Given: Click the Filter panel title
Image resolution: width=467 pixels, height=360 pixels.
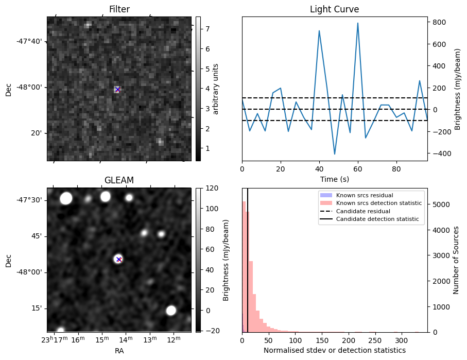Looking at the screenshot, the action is pos(119,9).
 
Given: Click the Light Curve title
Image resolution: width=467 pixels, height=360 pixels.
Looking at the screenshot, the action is pos(335,9).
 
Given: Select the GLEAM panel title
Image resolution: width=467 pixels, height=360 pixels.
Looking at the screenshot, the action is pos(119,180).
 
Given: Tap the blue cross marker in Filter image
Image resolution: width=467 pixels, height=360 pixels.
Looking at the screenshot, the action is pos(117,90).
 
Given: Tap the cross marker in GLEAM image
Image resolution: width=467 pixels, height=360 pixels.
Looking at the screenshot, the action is pos(119,259).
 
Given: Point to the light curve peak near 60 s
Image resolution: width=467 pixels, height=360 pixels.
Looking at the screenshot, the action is pos(358,23).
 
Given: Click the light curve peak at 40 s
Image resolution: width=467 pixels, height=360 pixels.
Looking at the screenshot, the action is pos(319,31).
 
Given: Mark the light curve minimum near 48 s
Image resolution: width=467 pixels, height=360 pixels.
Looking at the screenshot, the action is pos(335,154).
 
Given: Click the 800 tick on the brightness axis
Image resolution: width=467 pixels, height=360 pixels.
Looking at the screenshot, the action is pos(439,22).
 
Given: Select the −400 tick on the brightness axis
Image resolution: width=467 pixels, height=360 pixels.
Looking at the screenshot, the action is pos(439,153).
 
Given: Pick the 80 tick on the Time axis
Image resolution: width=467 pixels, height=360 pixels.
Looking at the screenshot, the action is pos(396,169).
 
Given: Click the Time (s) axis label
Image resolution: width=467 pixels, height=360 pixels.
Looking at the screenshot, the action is pos(335,179).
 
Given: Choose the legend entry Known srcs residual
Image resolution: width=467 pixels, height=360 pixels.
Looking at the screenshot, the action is pos(365,195).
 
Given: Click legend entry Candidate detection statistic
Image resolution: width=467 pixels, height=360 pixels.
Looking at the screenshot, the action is pos(377,219).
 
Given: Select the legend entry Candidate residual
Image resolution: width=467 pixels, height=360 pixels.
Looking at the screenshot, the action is pos(363,211).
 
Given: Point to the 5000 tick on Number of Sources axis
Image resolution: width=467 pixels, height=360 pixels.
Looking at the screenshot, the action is pos(439,205).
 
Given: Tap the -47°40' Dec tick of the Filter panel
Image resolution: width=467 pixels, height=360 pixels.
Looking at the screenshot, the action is pos(29,41).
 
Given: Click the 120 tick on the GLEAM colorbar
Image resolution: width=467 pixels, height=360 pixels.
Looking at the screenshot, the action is pos(212,188).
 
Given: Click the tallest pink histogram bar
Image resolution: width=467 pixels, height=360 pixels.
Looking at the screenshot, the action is pos(244,267).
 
